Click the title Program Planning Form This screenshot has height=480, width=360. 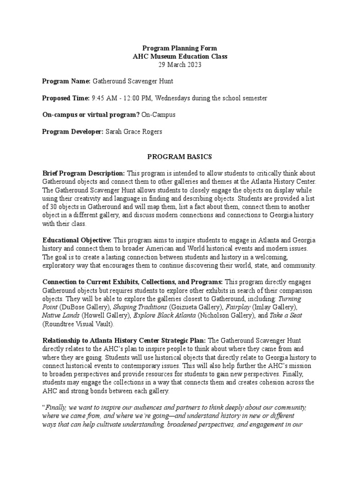click(x=180, y=48)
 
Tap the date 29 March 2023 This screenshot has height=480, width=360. click(x=180, y=65)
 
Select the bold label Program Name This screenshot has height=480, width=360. click(x=66, y=82)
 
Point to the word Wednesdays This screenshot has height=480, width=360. click(x=172, y=98)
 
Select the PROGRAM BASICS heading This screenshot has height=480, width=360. click(x=180, y=156)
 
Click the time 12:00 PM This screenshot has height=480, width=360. click(x=136, y=98)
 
